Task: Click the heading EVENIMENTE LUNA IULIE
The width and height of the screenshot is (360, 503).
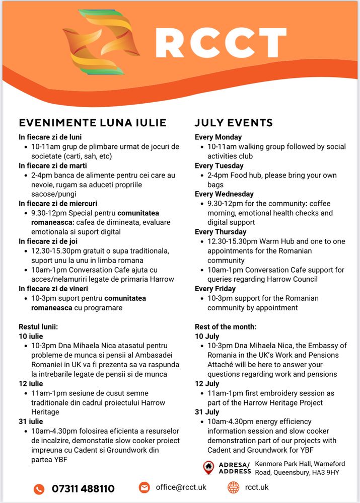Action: [x=93, y=123]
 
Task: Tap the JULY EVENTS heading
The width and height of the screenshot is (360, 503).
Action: [x=234, y=123]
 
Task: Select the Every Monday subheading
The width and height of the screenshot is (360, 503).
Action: [x=218, y=137]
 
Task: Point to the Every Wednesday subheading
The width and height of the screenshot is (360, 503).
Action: [x=224, y=194]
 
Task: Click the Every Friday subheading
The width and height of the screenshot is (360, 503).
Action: [x=215, y=289]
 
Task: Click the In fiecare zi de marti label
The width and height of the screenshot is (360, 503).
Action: [x=53, y=165]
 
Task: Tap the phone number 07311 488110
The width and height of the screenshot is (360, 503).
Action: [x=83, y=488]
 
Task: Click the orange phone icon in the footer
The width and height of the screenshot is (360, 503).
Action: [x=39, y=488]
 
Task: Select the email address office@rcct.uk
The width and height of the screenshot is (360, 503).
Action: [x=181, y=487]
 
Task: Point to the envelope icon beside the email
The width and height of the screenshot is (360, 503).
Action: [x=145, y=487]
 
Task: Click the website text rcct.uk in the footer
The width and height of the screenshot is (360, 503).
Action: [x=257, y=487]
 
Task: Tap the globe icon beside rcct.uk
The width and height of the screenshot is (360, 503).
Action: [x=233, y=487]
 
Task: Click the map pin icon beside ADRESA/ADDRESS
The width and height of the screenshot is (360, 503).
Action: [x=208, y=467]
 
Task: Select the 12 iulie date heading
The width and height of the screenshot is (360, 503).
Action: [x=31, y=383]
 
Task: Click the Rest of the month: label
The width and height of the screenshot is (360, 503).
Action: [x=226, y=326]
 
